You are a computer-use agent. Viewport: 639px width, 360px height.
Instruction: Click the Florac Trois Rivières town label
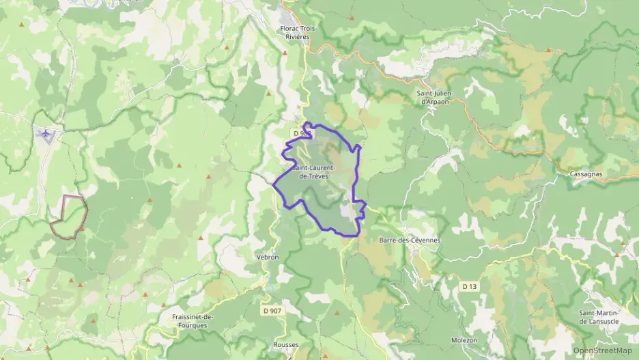tap(295, 33)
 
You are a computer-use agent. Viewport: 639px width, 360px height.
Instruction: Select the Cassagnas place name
tap(585, 174)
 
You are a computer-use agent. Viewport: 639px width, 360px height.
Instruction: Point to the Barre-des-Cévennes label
tap(410, 240)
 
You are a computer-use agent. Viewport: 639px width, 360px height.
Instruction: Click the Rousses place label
tap(286, 345)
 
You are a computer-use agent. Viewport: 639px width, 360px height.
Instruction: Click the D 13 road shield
tap(468, 286)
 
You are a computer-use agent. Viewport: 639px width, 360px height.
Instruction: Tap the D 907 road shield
tap(272, 310)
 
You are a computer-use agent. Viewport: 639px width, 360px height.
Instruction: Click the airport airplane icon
tap(46, 134)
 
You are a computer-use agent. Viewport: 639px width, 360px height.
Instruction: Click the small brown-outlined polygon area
tap(68, 217)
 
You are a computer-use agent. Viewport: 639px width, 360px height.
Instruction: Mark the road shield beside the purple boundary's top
tap(298, 133)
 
